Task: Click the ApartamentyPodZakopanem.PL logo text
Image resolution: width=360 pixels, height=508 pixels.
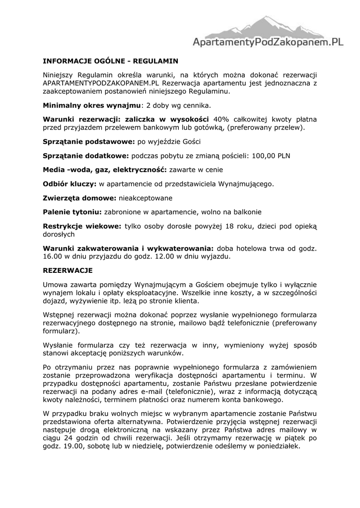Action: pyautogui.click(x=268, y=43)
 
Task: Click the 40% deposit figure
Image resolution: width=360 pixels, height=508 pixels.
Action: pyautogui.click(x=221, y=120)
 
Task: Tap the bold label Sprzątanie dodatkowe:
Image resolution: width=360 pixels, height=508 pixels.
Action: pyautogui.click(x=86, y=156)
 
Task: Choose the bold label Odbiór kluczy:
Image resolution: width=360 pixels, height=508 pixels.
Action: pyautogui.click(x=70, y=184)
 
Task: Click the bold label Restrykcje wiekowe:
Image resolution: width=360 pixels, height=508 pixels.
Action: pyautogui.click(x=82, y=226)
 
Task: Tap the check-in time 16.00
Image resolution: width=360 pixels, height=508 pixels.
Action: pyautogui.click(x=52, y=256)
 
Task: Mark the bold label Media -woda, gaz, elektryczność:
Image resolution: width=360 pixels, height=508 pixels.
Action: pyautogui.click(x=105, y=170)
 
